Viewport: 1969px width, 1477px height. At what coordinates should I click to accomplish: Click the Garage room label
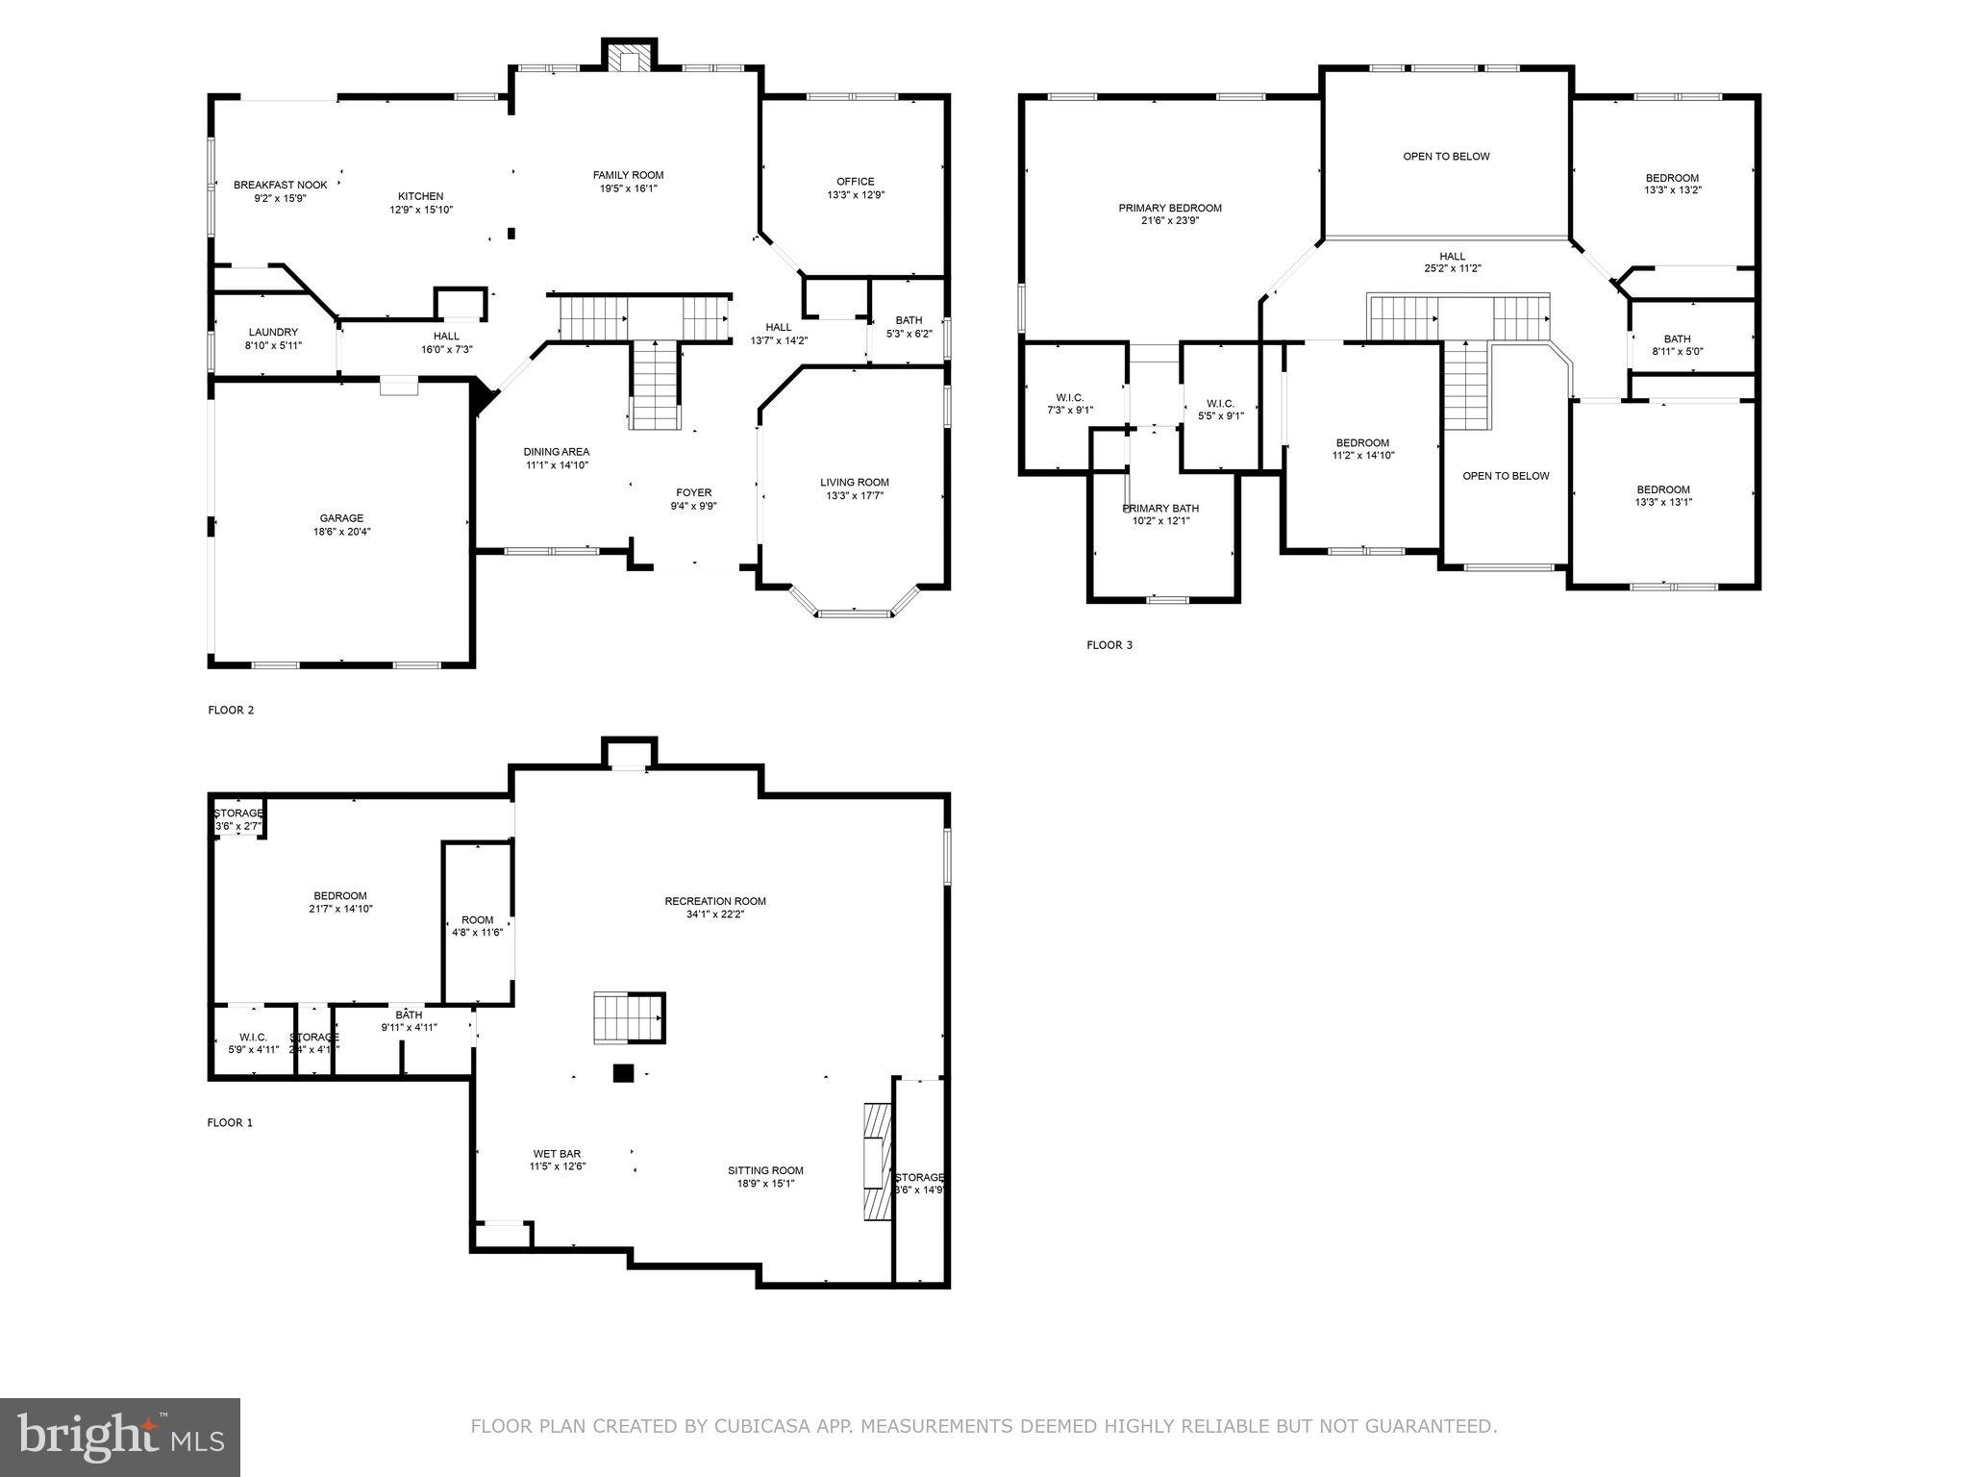(341, 518)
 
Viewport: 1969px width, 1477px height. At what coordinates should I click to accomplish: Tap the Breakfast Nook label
(280, 185)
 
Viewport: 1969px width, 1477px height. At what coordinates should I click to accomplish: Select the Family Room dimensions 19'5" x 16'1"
(628, 188)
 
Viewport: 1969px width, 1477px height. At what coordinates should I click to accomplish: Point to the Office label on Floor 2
(855, 181)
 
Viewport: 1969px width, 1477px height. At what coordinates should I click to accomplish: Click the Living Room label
(854, 482)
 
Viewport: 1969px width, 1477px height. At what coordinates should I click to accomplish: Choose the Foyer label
(693, 492)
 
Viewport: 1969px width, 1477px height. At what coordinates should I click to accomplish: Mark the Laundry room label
(273, 332)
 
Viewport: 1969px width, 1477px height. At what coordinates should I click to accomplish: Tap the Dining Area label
(556, 452)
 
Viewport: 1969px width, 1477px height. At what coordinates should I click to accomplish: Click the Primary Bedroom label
(1169, 208)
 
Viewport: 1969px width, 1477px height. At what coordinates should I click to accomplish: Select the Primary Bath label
(1159, 508)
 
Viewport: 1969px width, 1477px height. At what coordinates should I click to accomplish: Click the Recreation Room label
(714, 901)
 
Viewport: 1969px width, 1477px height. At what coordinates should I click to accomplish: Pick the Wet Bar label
(557, 1154)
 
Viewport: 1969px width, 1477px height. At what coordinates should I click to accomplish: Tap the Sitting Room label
(764, 1170)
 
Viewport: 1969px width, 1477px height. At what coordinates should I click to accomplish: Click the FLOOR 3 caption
(1109, 645)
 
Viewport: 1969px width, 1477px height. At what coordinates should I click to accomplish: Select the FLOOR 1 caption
(230, 1122)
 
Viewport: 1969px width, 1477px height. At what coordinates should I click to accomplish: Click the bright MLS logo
(120, 1438)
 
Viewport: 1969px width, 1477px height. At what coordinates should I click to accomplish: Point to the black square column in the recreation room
(624, 1073)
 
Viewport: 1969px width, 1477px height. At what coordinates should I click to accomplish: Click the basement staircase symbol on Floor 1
(629, 1017)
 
